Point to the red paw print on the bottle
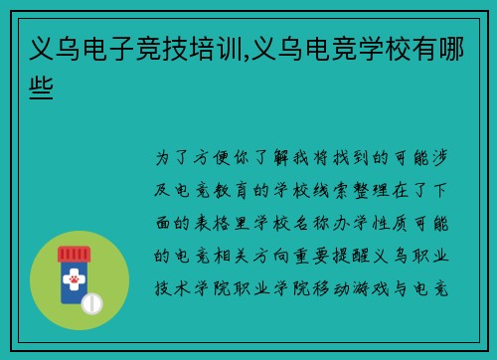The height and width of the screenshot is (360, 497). (x=74, y=281)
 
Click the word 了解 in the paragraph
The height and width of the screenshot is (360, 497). (x=281, y=158)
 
